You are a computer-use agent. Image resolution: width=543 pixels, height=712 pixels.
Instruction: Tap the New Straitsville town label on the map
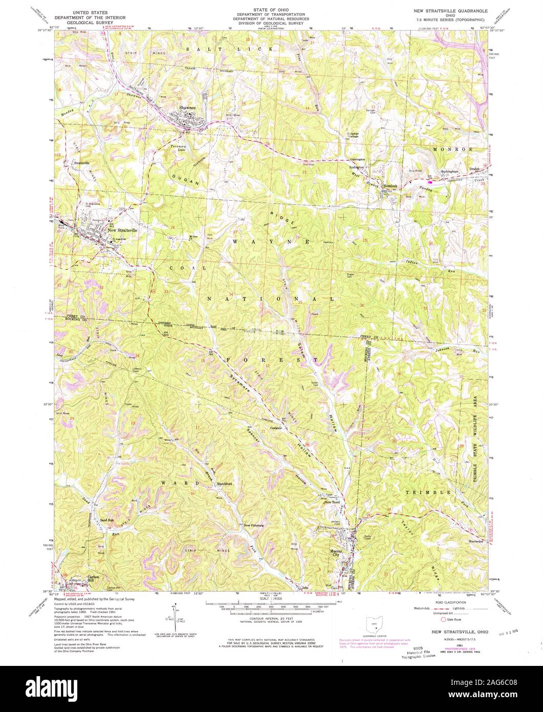pyautogui.click(x=123, y=230)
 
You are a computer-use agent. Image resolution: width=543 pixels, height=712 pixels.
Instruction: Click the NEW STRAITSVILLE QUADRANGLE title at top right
pyautogui.click(x=450, y=11)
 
